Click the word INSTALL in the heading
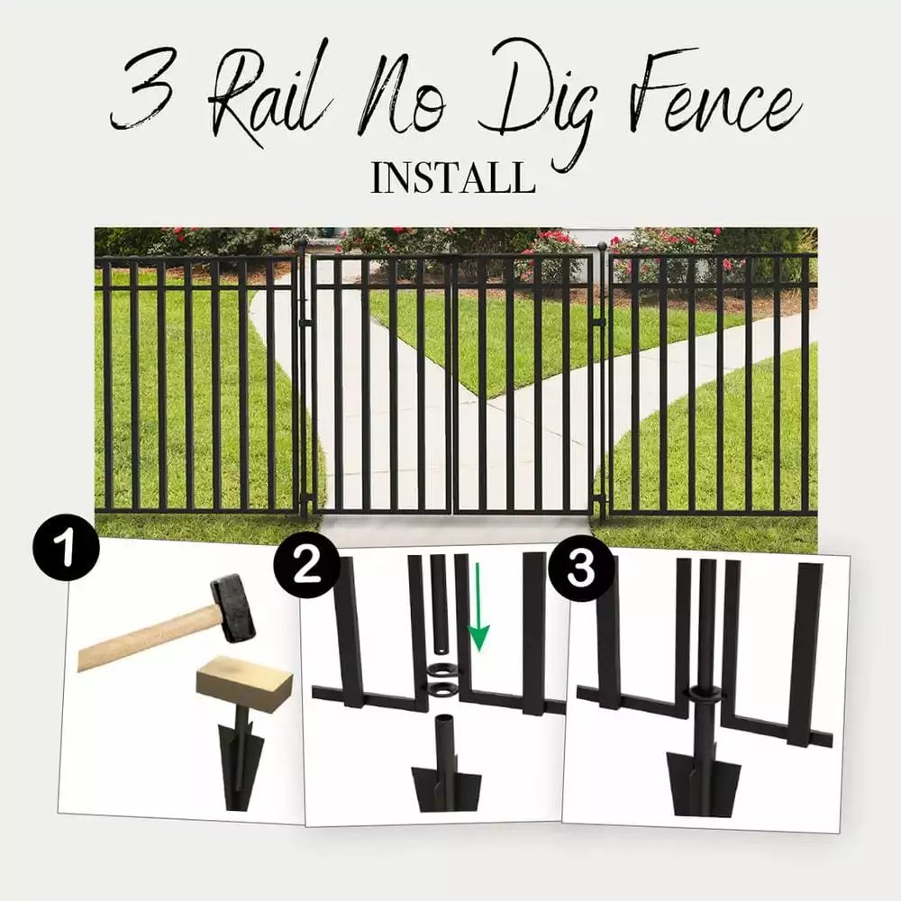(452, 177)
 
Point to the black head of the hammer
(232, 608)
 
